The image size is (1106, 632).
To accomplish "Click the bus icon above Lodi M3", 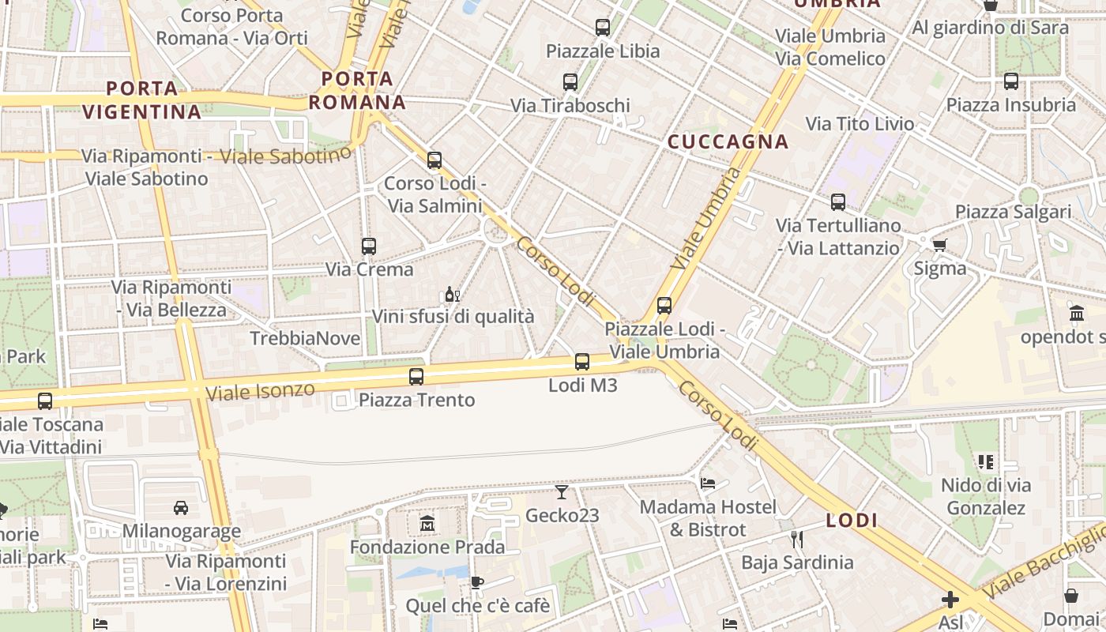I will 582,362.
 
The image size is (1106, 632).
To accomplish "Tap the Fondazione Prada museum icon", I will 427,524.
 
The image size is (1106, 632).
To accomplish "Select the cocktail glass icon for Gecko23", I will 561,492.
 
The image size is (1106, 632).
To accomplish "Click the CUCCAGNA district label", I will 728,141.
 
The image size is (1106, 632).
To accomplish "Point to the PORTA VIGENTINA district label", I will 142,100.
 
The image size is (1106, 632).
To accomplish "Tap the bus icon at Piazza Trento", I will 416,377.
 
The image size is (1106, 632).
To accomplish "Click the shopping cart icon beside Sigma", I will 939,245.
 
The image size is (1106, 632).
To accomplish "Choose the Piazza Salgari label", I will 1013,212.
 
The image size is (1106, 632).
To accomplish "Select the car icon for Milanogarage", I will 181,507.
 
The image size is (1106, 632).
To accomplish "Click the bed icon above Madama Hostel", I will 708,483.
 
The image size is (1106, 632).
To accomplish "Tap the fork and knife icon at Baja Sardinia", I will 797,540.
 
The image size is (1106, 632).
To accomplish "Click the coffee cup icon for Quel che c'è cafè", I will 476,583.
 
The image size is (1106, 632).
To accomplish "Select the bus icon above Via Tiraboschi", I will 570,81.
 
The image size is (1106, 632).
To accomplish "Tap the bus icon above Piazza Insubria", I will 1011,81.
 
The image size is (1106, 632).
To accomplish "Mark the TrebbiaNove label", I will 305,339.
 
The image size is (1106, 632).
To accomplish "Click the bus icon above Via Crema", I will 369,246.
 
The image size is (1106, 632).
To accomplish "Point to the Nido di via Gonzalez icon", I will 985,461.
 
